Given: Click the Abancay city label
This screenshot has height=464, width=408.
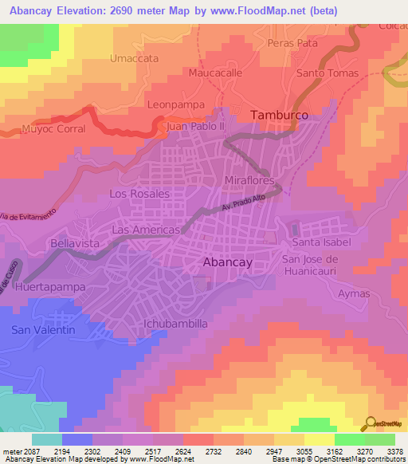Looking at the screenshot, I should coord(228,262).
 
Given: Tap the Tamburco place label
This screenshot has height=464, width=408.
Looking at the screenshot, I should coord(279,116).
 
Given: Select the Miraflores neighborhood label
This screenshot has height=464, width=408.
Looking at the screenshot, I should coord(249,181).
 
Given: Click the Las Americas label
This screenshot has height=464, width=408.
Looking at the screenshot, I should coord(145,230).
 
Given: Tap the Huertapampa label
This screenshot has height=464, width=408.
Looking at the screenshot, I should coord(49,285).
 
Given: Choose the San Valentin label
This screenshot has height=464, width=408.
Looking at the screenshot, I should coord(43,330).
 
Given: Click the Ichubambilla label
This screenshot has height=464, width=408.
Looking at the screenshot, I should coord(175,324).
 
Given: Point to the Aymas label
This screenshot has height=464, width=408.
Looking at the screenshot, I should coord(354,293).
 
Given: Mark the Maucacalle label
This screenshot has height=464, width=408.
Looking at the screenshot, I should coord(215,72).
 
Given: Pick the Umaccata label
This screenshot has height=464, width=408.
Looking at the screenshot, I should coord(134,58).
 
